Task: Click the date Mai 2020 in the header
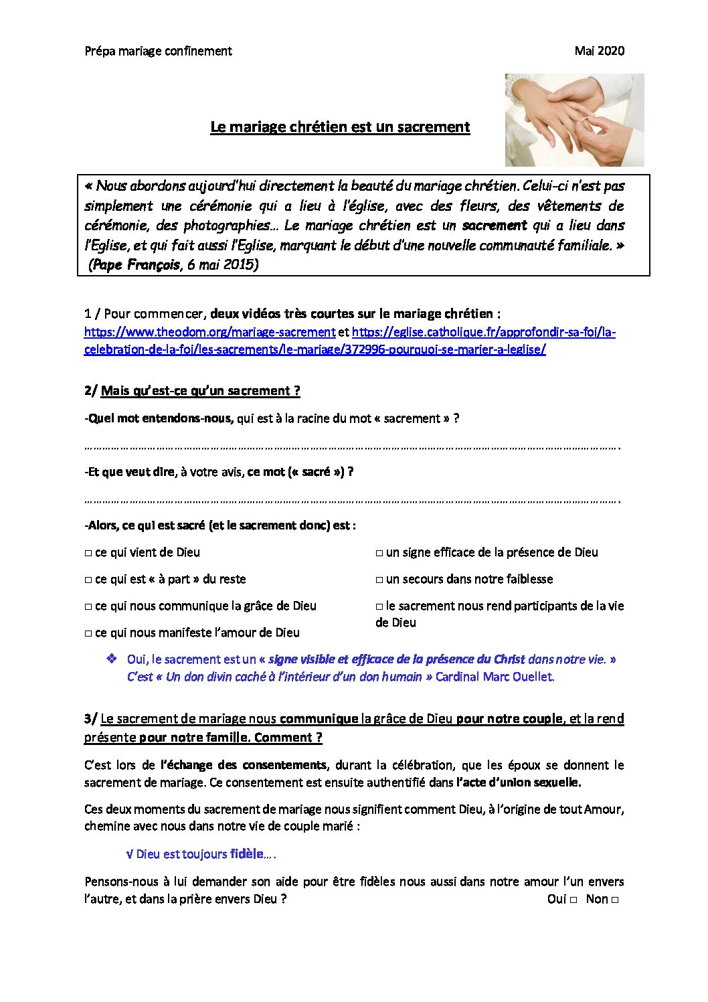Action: [x=599, y=51]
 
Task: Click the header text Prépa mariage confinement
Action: [x=158, y=51]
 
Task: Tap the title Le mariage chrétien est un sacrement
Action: [x=340, y=127]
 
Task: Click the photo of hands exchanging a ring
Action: [x=574, y=120]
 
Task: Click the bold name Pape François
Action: [x=137, y=264]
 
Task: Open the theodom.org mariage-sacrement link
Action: [x=209, y=332]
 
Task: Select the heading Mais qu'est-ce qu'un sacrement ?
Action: [x=200, y=391]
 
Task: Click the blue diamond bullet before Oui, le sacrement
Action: [x=112, y=659]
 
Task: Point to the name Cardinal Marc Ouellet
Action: [x=495, y=677]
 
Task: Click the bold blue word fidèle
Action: [x=246, y=854]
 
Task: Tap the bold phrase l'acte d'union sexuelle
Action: [x=519, y=782]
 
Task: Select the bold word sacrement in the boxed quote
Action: [x=495, y=226]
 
